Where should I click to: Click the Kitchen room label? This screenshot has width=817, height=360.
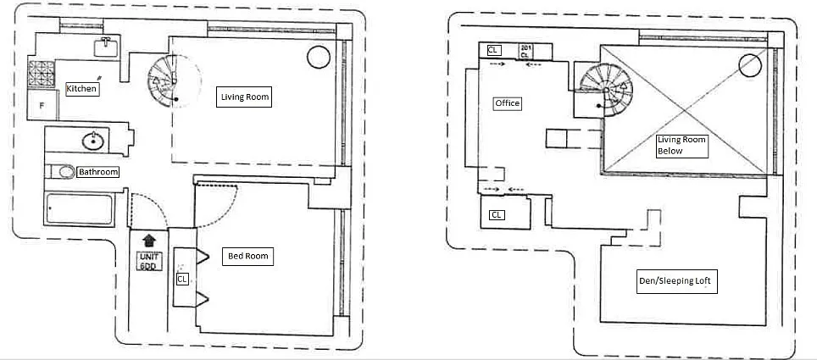(x=82, y=88)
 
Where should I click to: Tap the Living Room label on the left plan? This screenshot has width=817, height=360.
(x=244, y=97)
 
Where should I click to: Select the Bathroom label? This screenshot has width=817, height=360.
(x=97, y=172)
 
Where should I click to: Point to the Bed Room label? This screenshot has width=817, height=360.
(x=247, y=256)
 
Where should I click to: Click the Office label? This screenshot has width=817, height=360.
(x=507, y=103)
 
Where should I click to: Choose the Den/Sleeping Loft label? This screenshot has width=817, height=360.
(x=677, y=283)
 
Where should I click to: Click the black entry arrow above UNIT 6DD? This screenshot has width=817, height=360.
(x=149, y=241)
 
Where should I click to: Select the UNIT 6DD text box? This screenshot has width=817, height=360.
(x=149, y=261)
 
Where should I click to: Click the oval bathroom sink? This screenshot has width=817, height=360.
(x=92, y=141)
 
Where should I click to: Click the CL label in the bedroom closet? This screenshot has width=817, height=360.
(x=182, y=278)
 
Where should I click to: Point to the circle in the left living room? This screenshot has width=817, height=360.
(x=318, y=58)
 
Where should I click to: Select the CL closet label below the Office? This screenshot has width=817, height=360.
(x=497, y=215)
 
